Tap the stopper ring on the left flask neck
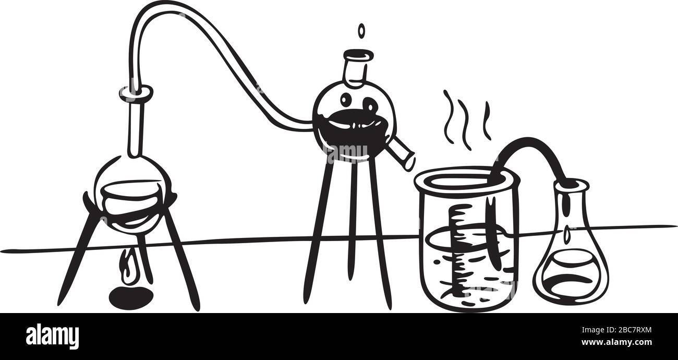[136, 93]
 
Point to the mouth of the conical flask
[572, 184]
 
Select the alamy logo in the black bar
[52, 337]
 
